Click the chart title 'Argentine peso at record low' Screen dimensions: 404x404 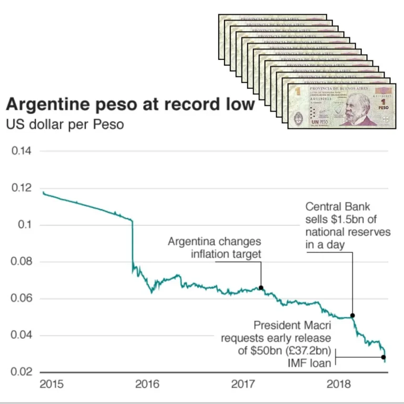click(x=130, y=104)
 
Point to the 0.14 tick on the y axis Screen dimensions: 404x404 click(x=22, y=151)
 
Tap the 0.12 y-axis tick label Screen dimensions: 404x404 click(x=22, y=188)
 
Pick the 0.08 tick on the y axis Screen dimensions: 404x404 click(x=22, y=262)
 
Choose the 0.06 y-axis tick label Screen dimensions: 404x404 click(x=22, y=299)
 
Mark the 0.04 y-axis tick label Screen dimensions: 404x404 click(x=22, y=336)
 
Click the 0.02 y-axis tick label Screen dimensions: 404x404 click(x=22, y=372)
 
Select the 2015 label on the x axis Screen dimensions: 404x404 click(x=52, y=384)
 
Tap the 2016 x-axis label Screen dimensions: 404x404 click(x=147, y=384)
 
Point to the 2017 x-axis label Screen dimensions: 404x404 click(x=244, y=384)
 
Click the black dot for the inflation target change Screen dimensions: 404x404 click(x=261, y=288)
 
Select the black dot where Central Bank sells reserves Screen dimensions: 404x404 click(x=352, y=316)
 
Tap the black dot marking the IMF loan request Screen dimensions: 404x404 click(x=383, y=357)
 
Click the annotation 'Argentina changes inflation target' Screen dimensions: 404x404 click(x=215, y=248)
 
